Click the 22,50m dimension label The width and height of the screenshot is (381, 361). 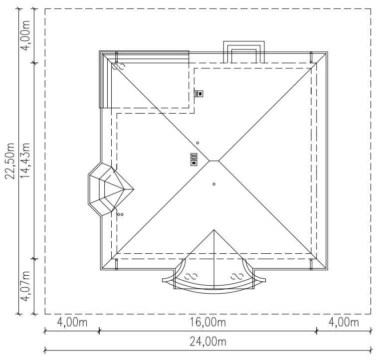coord(10,161)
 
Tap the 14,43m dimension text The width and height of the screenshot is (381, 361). coord(25,161)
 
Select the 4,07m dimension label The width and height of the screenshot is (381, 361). coord(25,286)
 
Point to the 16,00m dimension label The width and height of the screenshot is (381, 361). coord(208,323)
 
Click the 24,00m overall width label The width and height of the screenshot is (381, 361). coord(208,342)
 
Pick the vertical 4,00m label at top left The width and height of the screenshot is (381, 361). coord(25,35)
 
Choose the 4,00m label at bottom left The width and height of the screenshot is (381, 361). coord(72,323)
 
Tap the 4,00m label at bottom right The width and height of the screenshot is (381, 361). coord(344,323)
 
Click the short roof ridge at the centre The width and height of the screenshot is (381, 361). coord(214,161)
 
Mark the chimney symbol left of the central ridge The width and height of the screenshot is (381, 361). coord(193,159)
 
